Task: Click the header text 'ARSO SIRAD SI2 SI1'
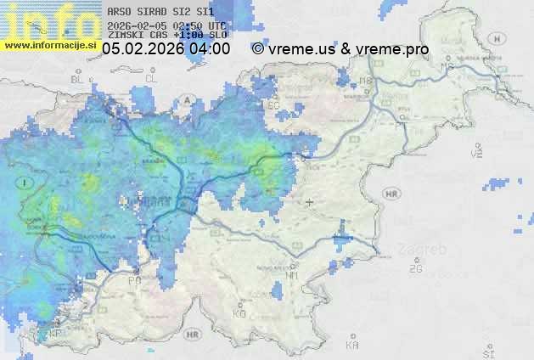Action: click(160, 13)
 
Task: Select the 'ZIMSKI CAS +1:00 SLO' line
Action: click(166, 36)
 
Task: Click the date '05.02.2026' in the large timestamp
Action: click(143, 49)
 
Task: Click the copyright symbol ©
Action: click(257, 49)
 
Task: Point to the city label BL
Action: click(78, 79)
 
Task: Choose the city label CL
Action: click(152, 78)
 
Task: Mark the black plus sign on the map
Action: click(310, 202)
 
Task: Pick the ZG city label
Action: click(415, 269)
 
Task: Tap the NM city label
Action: click(293, 276)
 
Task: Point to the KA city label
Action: click(352, 345)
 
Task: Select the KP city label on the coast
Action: click(57, 334)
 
